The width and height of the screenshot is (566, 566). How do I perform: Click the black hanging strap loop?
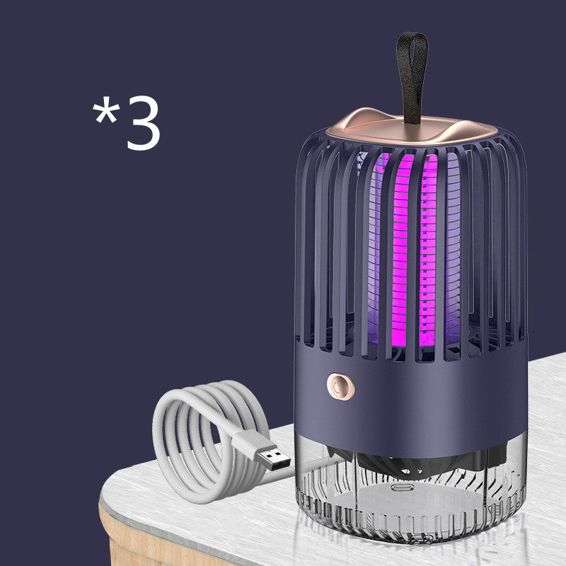412,71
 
